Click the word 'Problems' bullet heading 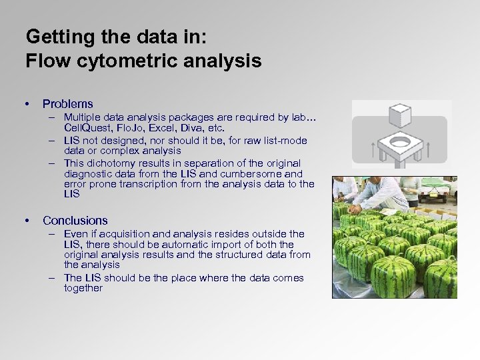coord(67,104)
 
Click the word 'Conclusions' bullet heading coord(75,221)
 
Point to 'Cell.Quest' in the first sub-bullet coord(86,127)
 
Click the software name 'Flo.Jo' coord(131,127)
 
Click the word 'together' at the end coord(83,288)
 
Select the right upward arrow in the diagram coord(427,149)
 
